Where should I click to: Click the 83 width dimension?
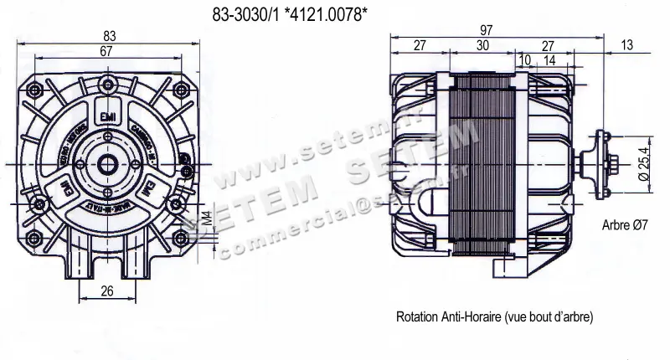click(110, 36)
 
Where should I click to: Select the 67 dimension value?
click(106, 52)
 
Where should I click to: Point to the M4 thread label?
click(206, 221)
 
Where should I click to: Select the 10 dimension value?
click(524, 60)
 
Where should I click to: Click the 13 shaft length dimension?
click(627, 46)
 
